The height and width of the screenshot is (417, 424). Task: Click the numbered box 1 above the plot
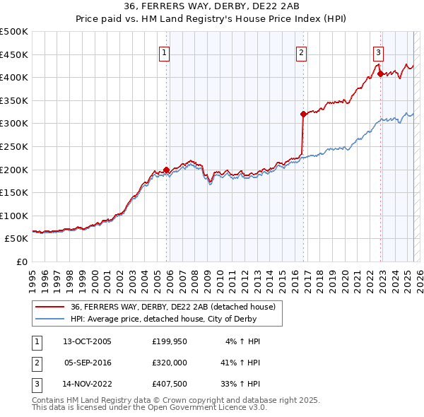point(164,52)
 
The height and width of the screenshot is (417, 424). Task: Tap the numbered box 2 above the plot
point(301,52)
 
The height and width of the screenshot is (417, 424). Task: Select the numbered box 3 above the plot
point(378,52)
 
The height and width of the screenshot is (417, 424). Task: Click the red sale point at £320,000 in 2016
point(303,114)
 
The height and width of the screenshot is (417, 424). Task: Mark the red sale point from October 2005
point(167,170)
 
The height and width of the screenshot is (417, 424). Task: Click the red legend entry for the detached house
point(177,307)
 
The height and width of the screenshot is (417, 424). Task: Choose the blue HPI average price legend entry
point(176,319)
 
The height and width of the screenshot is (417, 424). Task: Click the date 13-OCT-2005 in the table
point(88,341)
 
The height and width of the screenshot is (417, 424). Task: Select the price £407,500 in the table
point(170,384)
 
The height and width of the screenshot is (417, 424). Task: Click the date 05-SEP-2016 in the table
point(88,363)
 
